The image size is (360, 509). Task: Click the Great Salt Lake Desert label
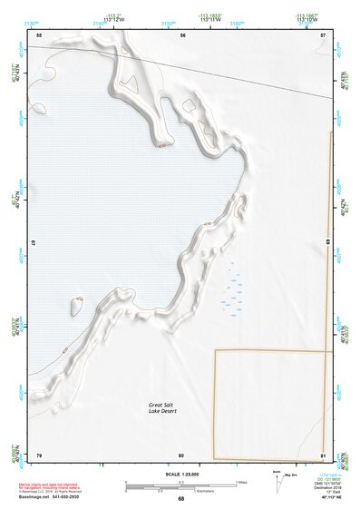(167, 408)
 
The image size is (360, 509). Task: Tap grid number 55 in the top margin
(39, 34)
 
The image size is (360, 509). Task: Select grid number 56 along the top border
(183, 34)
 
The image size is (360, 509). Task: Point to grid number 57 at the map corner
(323, 34)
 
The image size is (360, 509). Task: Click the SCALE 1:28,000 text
(180, 475)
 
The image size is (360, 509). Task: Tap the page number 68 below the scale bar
(181, 498)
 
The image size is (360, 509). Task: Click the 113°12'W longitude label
(113, 18)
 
